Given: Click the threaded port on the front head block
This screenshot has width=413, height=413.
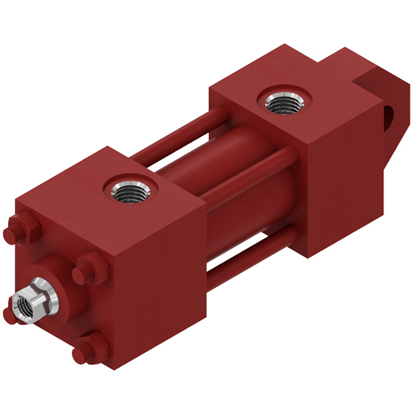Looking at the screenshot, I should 129,193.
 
